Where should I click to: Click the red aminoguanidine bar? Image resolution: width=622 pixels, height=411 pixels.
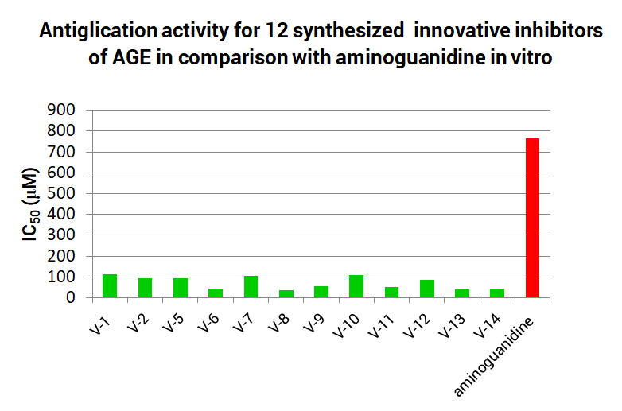[x=532, y=218]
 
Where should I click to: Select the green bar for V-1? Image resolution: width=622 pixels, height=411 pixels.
[x=110, y=285]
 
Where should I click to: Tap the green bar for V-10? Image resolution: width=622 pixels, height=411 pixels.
[x=356, y=286]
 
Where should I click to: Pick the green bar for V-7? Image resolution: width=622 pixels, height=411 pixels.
[x=251, y=286]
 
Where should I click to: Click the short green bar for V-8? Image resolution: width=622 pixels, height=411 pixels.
[x=286, y=293]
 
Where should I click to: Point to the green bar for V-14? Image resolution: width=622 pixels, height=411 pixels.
[x=497, y=293]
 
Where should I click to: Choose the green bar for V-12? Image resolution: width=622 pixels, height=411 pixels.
[x=427, y=289]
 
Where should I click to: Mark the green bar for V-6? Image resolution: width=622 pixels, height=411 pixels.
[x=216, y=293]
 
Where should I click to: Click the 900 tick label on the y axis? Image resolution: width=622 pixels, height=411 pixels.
[x=61, y=110]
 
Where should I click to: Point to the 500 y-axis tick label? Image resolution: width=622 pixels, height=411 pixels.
[x=61, y=193]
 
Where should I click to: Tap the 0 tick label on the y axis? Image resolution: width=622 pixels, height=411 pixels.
[x=71, y=297]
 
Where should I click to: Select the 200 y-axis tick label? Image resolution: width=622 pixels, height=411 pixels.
[x=61, y=256]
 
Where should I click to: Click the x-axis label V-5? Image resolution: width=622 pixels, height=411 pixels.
[x=173, y=322]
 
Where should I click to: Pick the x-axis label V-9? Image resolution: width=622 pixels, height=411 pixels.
[x=313, y=322]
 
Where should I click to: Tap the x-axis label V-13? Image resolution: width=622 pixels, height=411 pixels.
[x=452, y=326]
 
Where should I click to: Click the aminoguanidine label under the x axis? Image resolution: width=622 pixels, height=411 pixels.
[x=494, y=355]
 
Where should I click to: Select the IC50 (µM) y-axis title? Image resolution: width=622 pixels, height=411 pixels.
[x=30, y=204]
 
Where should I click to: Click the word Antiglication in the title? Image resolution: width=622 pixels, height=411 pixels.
[x=98, y=30]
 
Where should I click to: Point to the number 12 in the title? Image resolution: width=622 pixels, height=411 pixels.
[x=277, y=30]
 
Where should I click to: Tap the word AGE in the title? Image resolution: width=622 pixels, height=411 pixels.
[x=131, y=57]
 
